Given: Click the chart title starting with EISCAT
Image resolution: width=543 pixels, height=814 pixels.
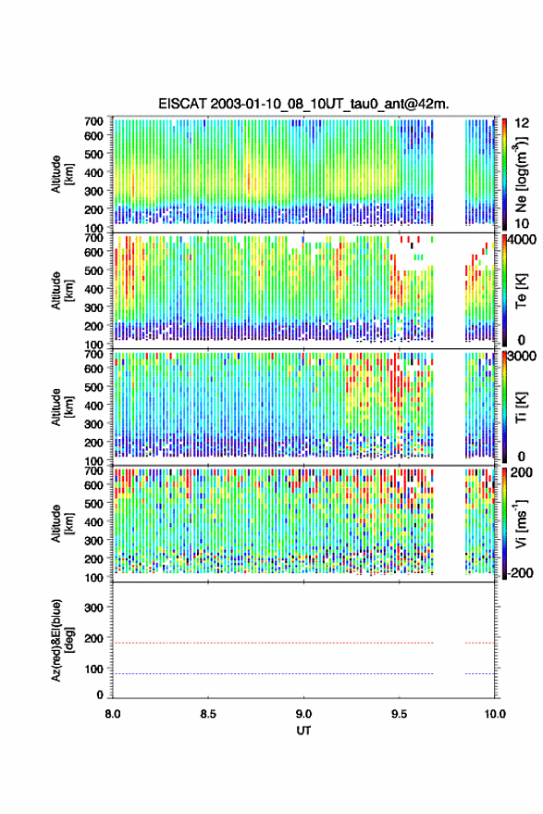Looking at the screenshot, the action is (303, 104).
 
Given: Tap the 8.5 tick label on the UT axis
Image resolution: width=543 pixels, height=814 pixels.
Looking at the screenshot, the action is (208, 714).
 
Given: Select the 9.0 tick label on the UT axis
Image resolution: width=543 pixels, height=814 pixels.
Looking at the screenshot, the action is (303, 714).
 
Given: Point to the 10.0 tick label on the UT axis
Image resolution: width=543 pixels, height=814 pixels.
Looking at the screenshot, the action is (495, 714).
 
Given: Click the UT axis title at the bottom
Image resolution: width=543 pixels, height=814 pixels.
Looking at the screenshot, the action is (303, 731).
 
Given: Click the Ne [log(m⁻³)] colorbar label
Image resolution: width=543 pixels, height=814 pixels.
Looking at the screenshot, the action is (521, 174).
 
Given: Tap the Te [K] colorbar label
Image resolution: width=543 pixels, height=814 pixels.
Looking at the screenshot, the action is (521, 291).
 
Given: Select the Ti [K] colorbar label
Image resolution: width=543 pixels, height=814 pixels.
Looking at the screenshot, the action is (521, 407).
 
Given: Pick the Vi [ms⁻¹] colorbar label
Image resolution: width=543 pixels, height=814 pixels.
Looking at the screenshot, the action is (521, 523).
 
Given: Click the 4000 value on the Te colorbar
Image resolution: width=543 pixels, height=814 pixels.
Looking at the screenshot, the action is (522, 240).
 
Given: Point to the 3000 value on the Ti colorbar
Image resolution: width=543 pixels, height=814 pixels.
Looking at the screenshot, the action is (522, 357).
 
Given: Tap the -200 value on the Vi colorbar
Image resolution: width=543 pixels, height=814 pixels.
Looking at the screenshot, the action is (521, 573).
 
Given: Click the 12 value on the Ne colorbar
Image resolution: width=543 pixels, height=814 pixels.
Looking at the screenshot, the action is (522, 123).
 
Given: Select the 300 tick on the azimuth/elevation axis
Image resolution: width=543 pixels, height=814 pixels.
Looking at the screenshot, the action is (93, 607).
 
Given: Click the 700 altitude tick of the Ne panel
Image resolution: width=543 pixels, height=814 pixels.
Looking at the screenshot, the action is (93, 121).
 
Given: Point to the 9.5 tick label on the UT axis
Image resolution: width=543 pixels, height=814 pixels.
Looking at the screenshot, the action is (400, 714).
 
